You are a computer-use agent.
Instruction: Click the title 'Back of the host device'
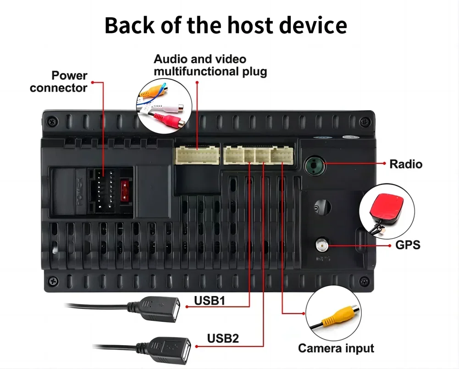click(x=226, y=26)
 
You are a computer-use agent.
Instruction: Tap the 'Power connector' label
click(x=58, y=81)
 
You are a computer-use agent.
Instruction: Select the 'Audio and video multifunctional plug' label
click(x=210, y=65)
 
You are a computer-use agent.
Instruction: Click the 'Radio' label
click(x=405, y=164)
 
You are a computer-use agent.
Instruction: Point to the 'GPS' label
click(x=407, y=245)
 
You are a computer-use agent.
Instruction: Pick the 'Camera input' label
click(x=336, y=348)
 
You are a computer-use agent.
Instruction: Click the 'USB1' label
click(x=210, y=301)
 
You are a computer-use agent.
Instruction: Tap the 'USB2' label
click(x=223, y=339)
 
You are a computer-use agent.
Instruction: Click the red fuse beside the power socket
click(x=124, y=190)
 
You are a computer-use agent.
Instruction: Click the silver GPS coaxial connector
click(x=322, y=246)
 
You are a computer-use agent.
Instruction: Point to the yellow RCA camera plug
click(x=335, y=317)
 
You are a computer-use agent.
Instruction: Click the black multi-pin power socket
click(x=104, y=190)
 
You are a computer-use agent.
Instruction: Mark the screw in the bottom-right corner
click(x=364, y=281)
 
